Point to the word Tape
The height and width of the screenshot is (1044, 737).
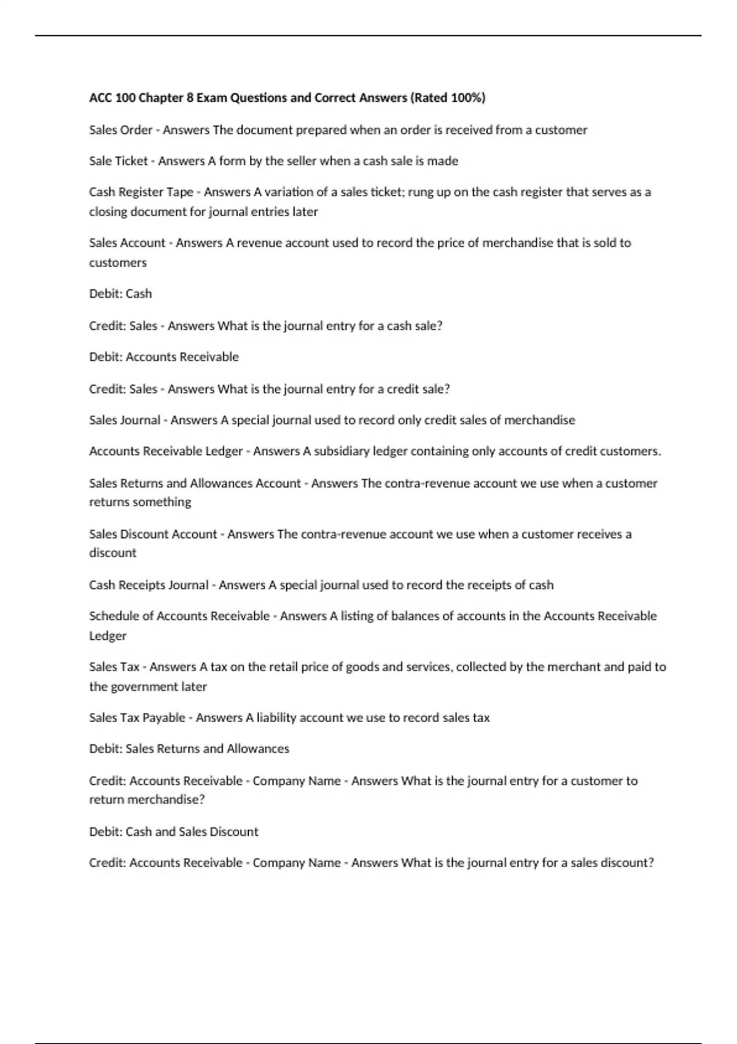(x=180, y=192)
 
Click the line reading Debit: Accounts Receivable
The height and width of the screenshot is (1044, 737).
(x=164, y=357)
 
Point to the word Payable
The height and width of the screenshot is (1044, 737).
(x=164, y=718)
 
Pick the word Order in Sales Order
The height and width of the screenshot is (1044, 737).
(x=138, y=130)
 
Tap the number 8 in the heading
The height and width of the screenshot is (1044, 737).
(x=190, y=98)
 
